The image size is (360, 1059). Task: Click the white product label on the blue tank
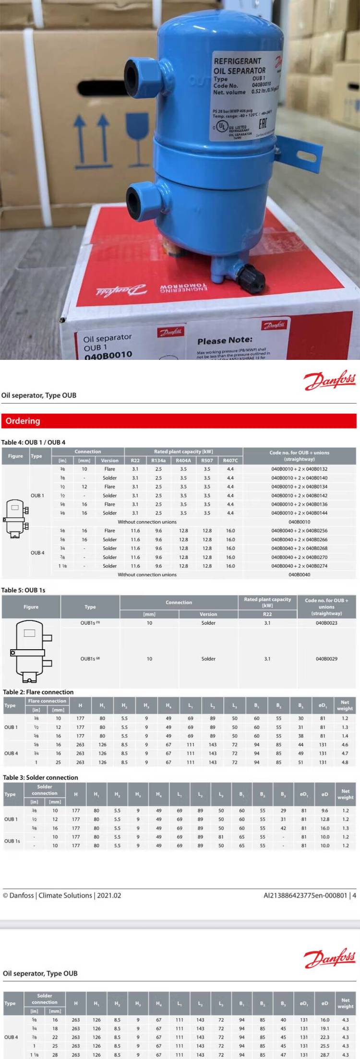click(244, 96)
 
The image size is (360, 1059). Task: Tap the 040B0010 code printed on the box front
click(108, 355)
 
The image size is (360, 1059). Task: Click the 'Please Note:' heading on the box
click(225, 341)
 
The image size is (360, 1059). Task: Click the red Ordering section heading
click(23, 421)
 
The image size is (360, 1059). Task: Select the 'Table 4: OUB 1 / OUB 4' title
click(33, 442)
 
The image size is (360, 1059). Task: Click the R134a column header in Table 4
click(158, 461)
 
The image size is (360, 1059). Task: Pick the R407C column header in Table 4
click(230, 461)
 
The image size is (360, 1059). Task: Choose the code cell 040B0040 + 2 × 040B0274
click(299, 566)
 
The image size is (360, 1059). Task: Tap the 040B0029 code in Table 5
click(326, 659)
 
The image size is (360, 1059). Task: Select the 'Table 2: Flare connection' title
click(38, 692)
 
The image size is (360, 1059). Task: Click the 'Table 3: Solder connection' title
click(40, 777)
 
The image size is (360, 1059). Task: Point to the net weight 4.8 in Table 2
click(345, 762)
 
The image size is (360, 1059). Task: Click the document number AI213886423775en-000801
click(305, 895)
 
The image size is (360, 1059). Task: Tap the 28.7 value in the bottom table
click(325, 1055)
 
